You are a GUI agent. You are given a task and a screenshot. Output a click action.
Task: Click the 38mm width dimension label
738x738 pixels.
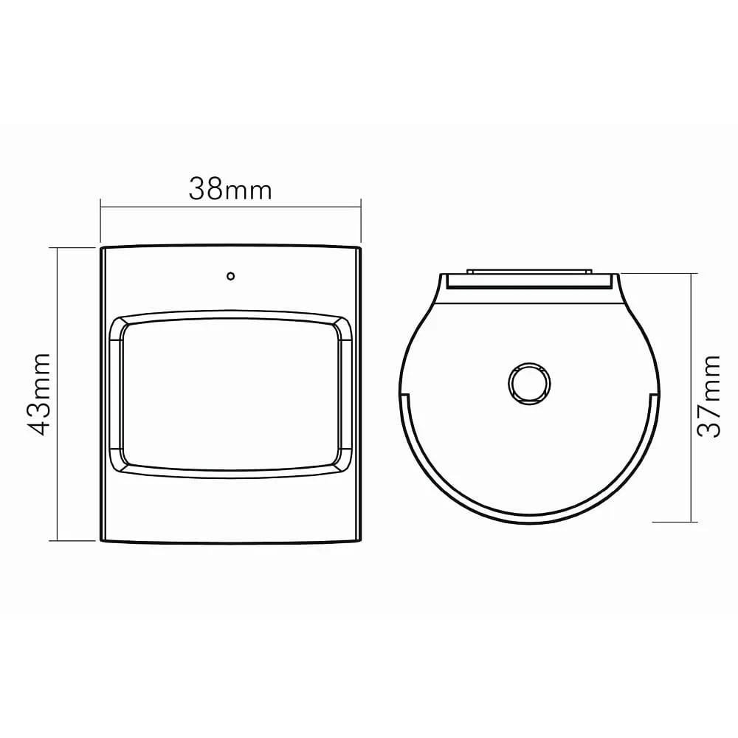pyautogui.click(x=230, y=190)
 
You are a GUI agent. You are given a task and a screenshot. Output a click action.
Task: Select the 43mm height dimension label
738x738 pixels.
pyautogui.click(x=38, y=394)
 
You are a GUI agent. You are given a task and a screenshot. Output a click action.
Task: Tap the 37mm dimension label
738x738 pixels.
pyautogui.click(x=708, y=397)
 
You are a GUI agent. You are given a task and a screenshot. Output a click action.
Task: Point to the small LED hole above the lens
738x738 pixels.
pyautogui.click(x=230, y=276)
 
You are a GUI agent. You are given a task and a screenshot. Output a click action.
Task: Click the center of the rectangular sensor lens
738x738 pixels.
pyautogui.click(x=230, y=394)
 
